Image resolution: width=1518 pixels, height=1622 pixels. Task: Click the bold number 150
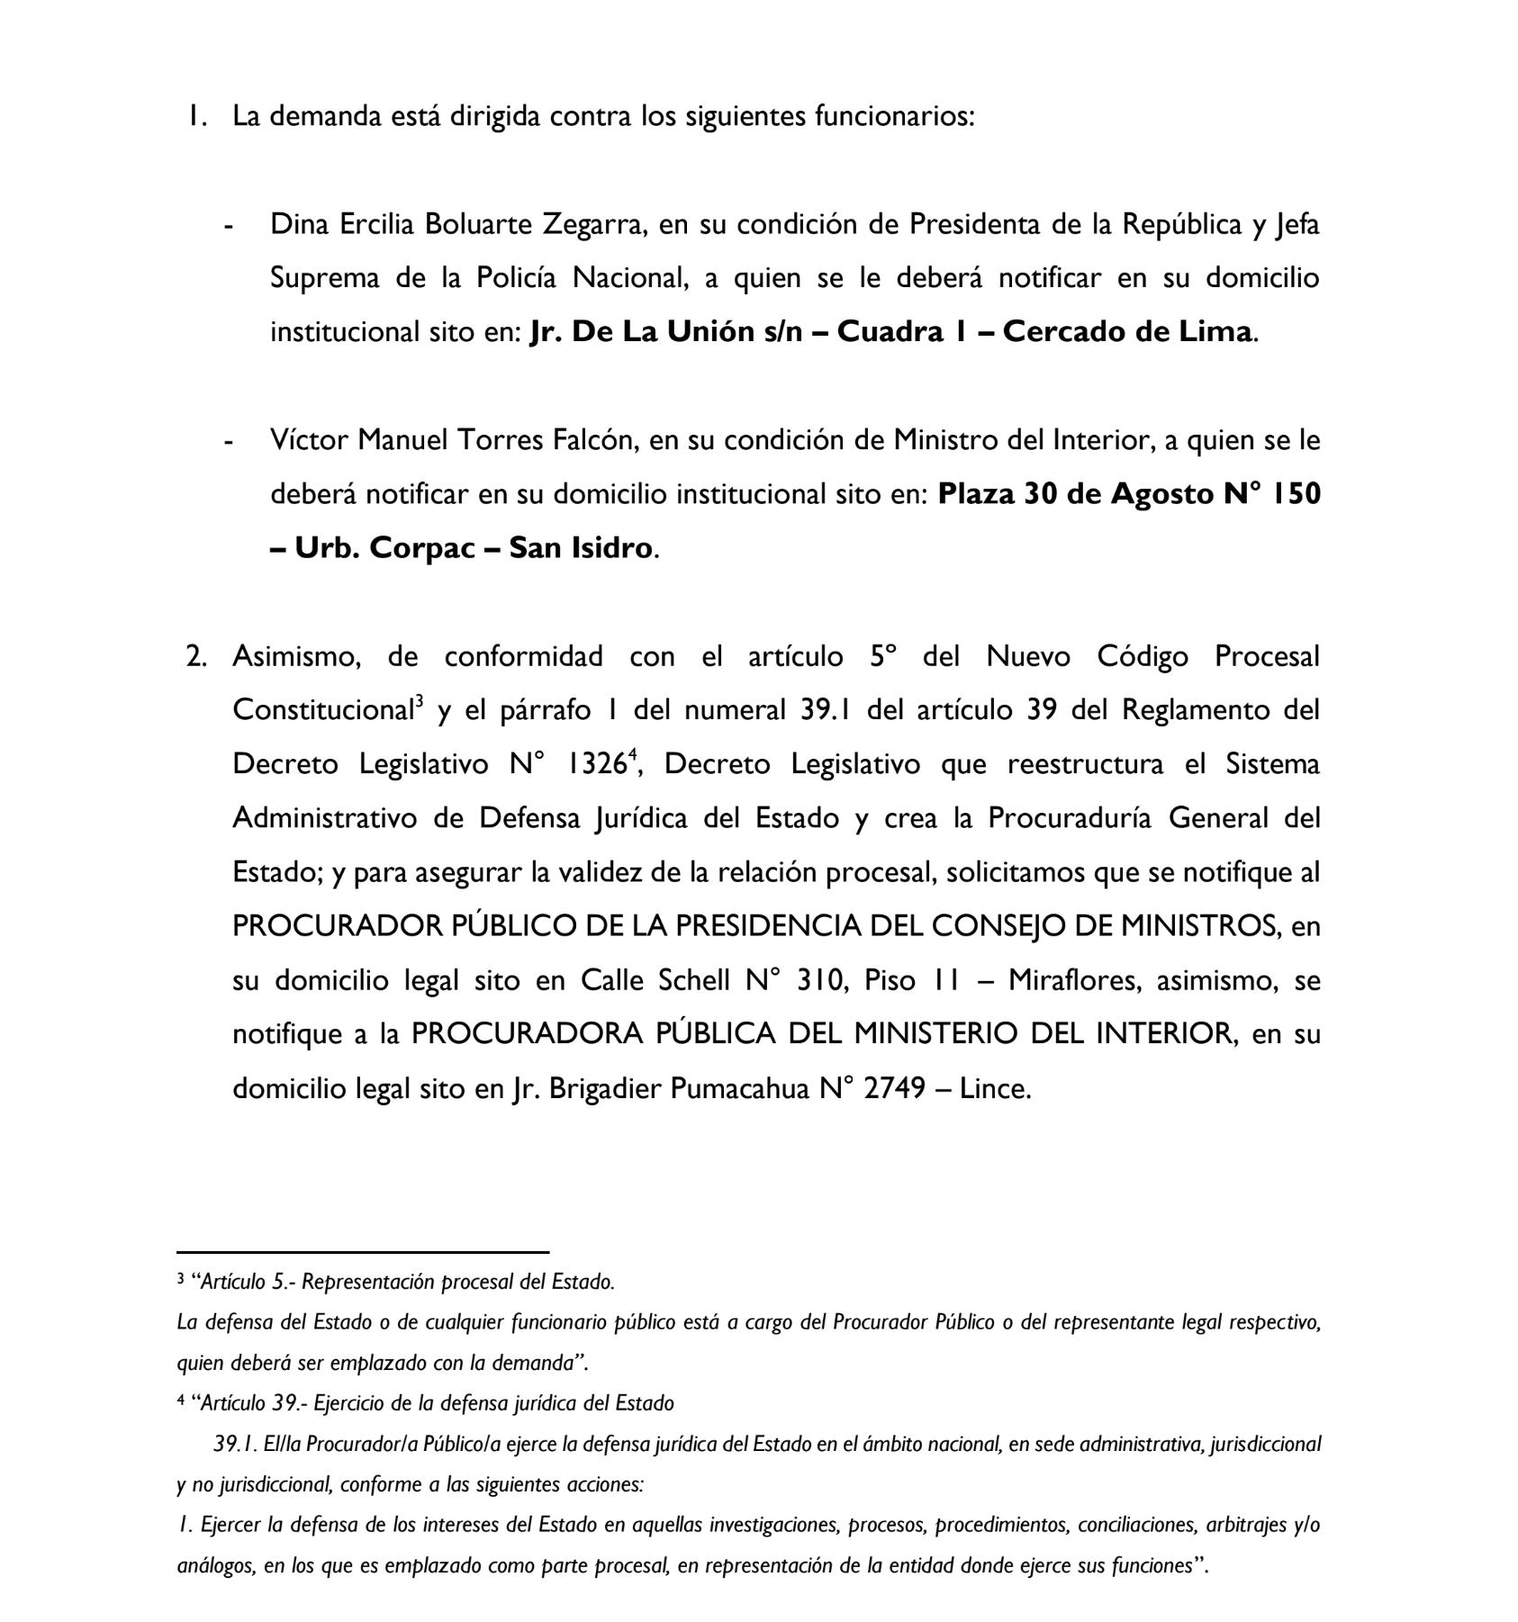[x=1294, y=494]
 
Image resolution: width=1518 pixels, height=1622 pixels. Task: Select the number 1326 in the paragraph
[x=596, y=765]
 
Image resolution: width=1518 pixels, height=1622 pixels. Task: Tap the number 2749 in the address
[x=894, y=1088]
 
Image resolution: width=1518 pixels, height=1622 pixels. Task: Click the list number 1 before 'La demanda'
[x=194, y=116]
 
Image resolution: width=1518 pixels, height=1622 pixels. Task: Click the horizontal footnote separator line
[x=363, y=1252]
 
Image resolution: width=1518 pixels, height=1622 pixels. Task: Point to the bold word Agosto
[x=1162, y=494]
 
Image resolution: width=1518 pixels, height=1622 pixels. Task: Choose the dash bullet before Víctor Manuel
[x=230, y=442]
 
